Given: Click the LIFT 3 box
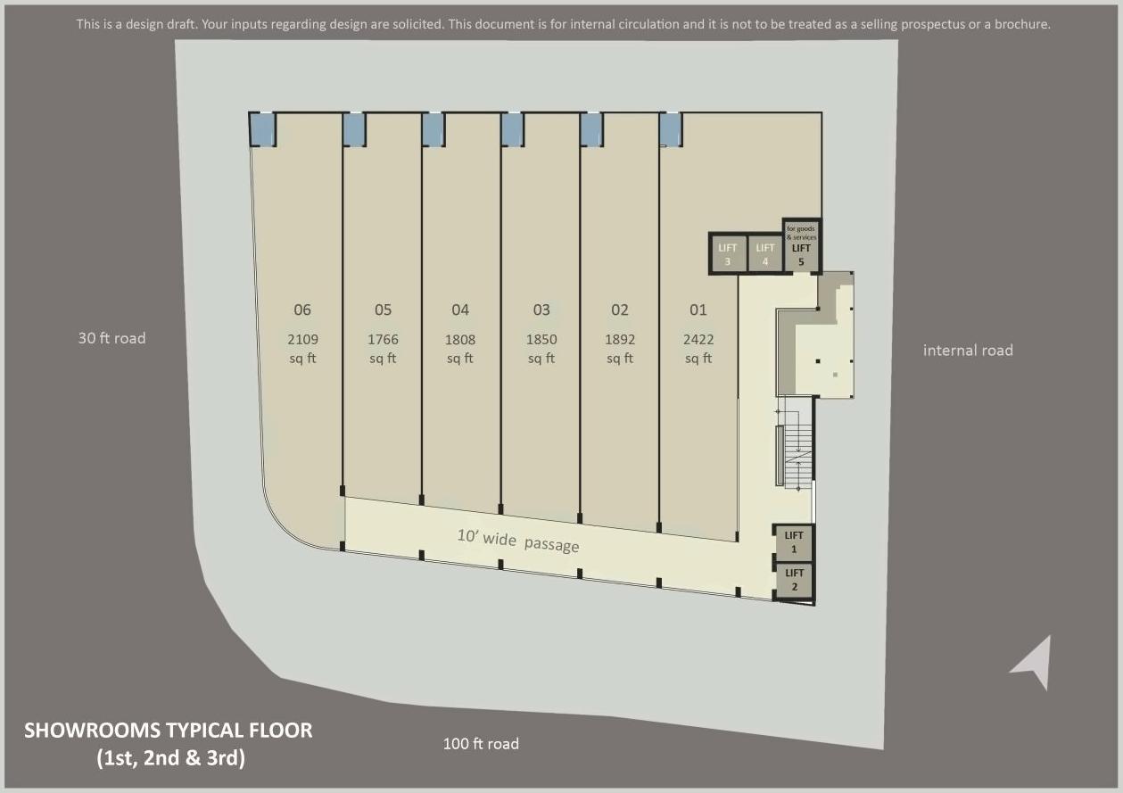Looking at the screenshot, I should (728, 254).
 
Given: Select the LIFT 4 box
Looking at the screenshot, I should (765, 254).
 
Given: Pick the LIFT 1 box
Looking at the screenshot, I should (794, 542).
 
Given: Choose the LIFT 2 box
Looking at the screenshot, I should (794, 580).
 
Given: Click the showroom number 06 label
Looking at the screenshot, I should (302, 310).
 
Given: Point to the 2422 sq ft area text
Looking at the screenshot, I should (698, 349).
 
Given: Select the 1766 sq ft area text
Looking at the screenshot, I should (383, 349).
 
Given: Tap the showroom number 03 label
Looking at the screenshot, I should (541, 310).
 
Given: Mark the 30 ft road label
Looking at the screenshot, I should (111, 338).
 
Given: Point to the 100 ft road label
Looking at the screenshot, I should (481, 744).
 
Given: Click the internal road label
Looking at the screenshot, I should (968, 351).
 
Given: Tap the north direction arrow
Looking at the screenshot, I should (1034, 663).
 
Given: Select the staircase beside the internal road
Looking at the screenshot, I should (797, 450).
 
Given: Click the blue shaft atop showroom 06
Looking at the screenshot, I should (262, 129).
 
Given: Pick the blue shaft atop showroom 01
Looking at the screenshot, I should (670, 129).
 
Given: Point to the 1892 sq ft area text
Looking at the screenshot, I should (620, 349).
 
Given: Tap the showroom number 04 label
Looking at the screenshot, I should (460, 310).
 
